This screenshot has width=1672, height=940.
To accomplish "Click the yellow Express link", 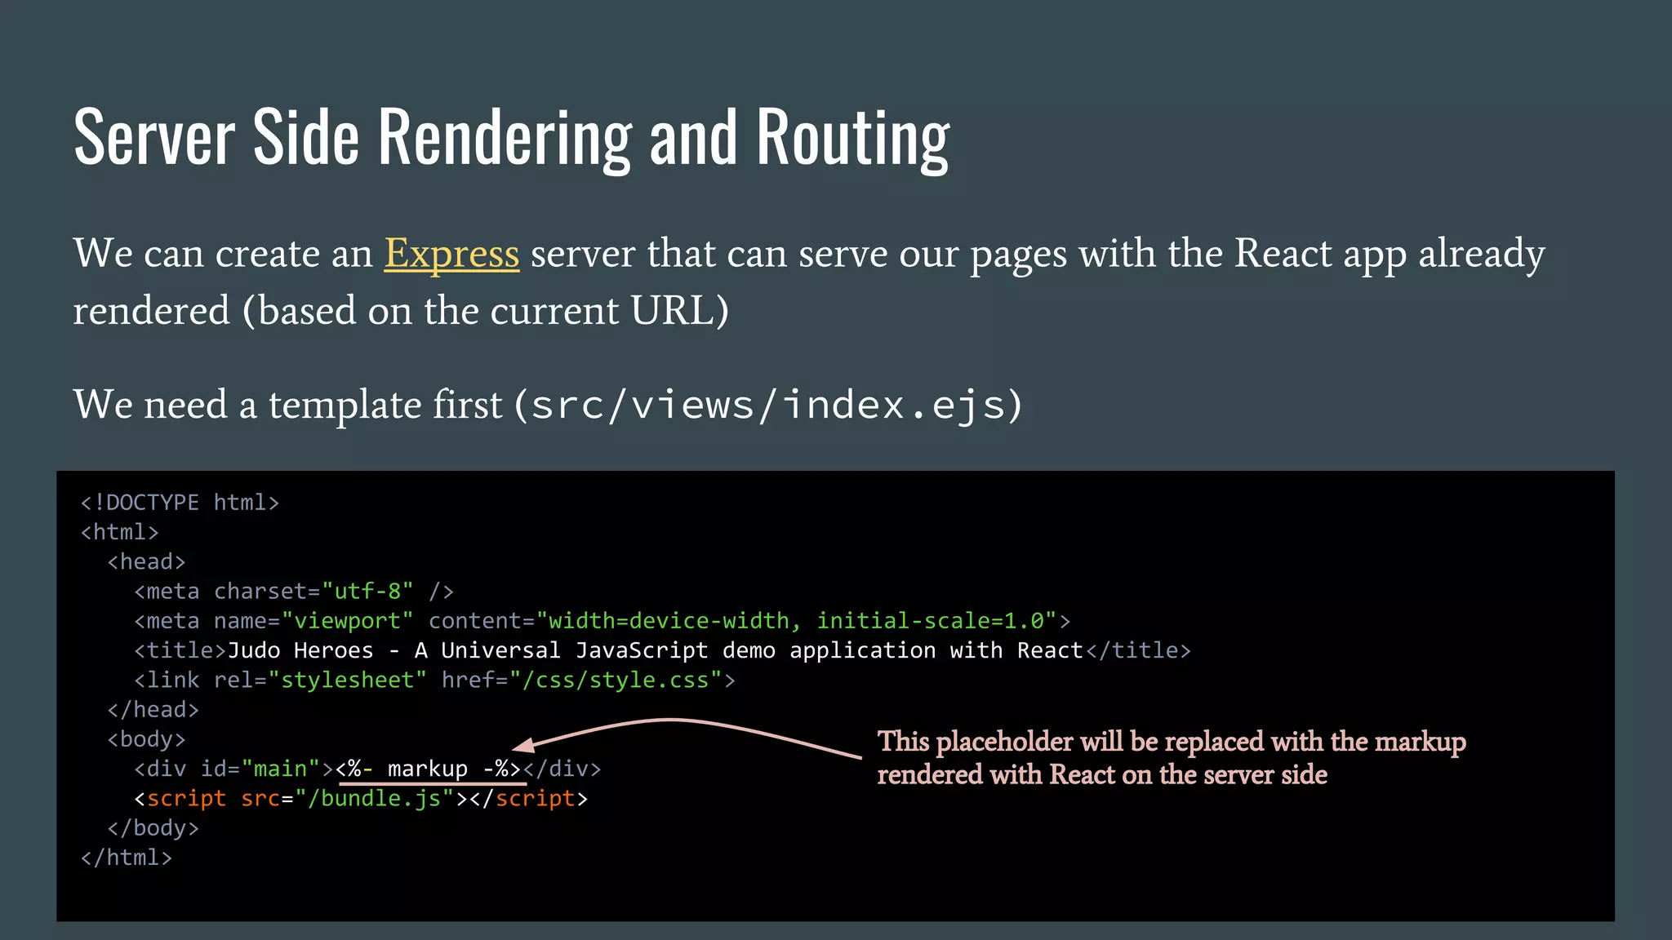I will tap(451, 254).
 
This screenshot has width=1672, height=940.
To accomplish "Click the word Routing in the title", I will tap(852, 139).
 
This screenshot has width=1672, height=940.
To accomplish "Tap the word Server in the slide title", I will tap(154, 139).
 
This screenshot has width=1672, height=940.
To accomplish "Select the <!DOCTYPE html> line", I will tap(180, 503).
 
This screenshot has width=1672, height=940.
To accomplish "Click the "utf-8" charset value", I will tap(367, 592).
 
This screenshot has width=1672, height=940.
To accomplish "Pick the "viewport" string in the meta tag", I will tap(347, 621).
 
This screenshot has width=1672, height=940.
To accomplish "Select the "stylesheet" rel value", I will tap(347, 681).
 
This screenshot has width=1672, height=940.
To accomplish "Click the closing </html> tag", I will tap(127, 858).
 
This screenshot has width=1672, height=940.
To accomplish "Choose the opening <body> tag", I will tap(147, 740).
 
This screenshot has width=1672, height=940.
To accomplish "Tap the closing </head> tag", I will tap(153, 710).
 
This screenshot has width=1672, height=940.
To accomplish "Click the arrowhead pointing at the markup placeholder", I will tap(522, 745).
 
